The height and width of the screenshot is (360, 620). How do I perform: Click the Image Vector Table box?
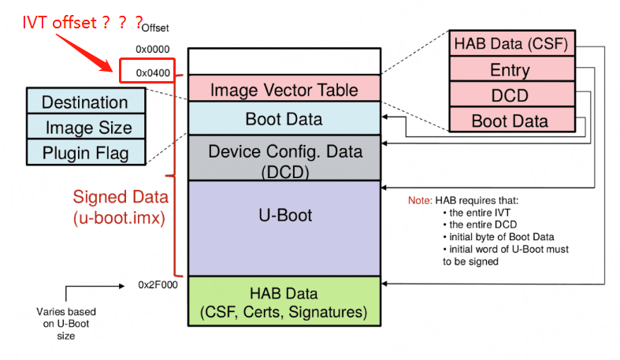point(284,89)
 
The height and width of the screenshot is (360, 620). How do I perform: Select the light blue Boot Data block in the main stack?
point(284,119)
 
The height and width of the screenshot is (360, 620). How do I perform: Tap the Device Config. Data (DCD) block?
point(284,158)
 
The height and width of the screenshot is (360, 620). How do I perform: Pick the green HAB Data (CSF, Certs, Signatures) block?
point(284,302)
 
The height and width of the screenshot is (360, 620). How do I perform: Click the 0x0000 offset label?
point(152,50)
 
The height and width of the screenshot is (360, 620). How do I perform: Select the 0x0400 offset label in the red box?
point(153,73)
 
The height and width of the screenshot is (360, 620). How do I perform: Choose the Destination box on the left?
point(85,102)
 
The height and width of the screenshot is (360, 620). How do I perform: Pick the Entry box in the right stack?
point(510,69)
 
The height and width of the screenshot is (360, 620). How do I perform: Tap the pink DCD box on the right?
point(510,95)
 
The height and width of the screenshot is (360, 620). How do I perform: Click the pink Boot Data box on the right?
point(510,121)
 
